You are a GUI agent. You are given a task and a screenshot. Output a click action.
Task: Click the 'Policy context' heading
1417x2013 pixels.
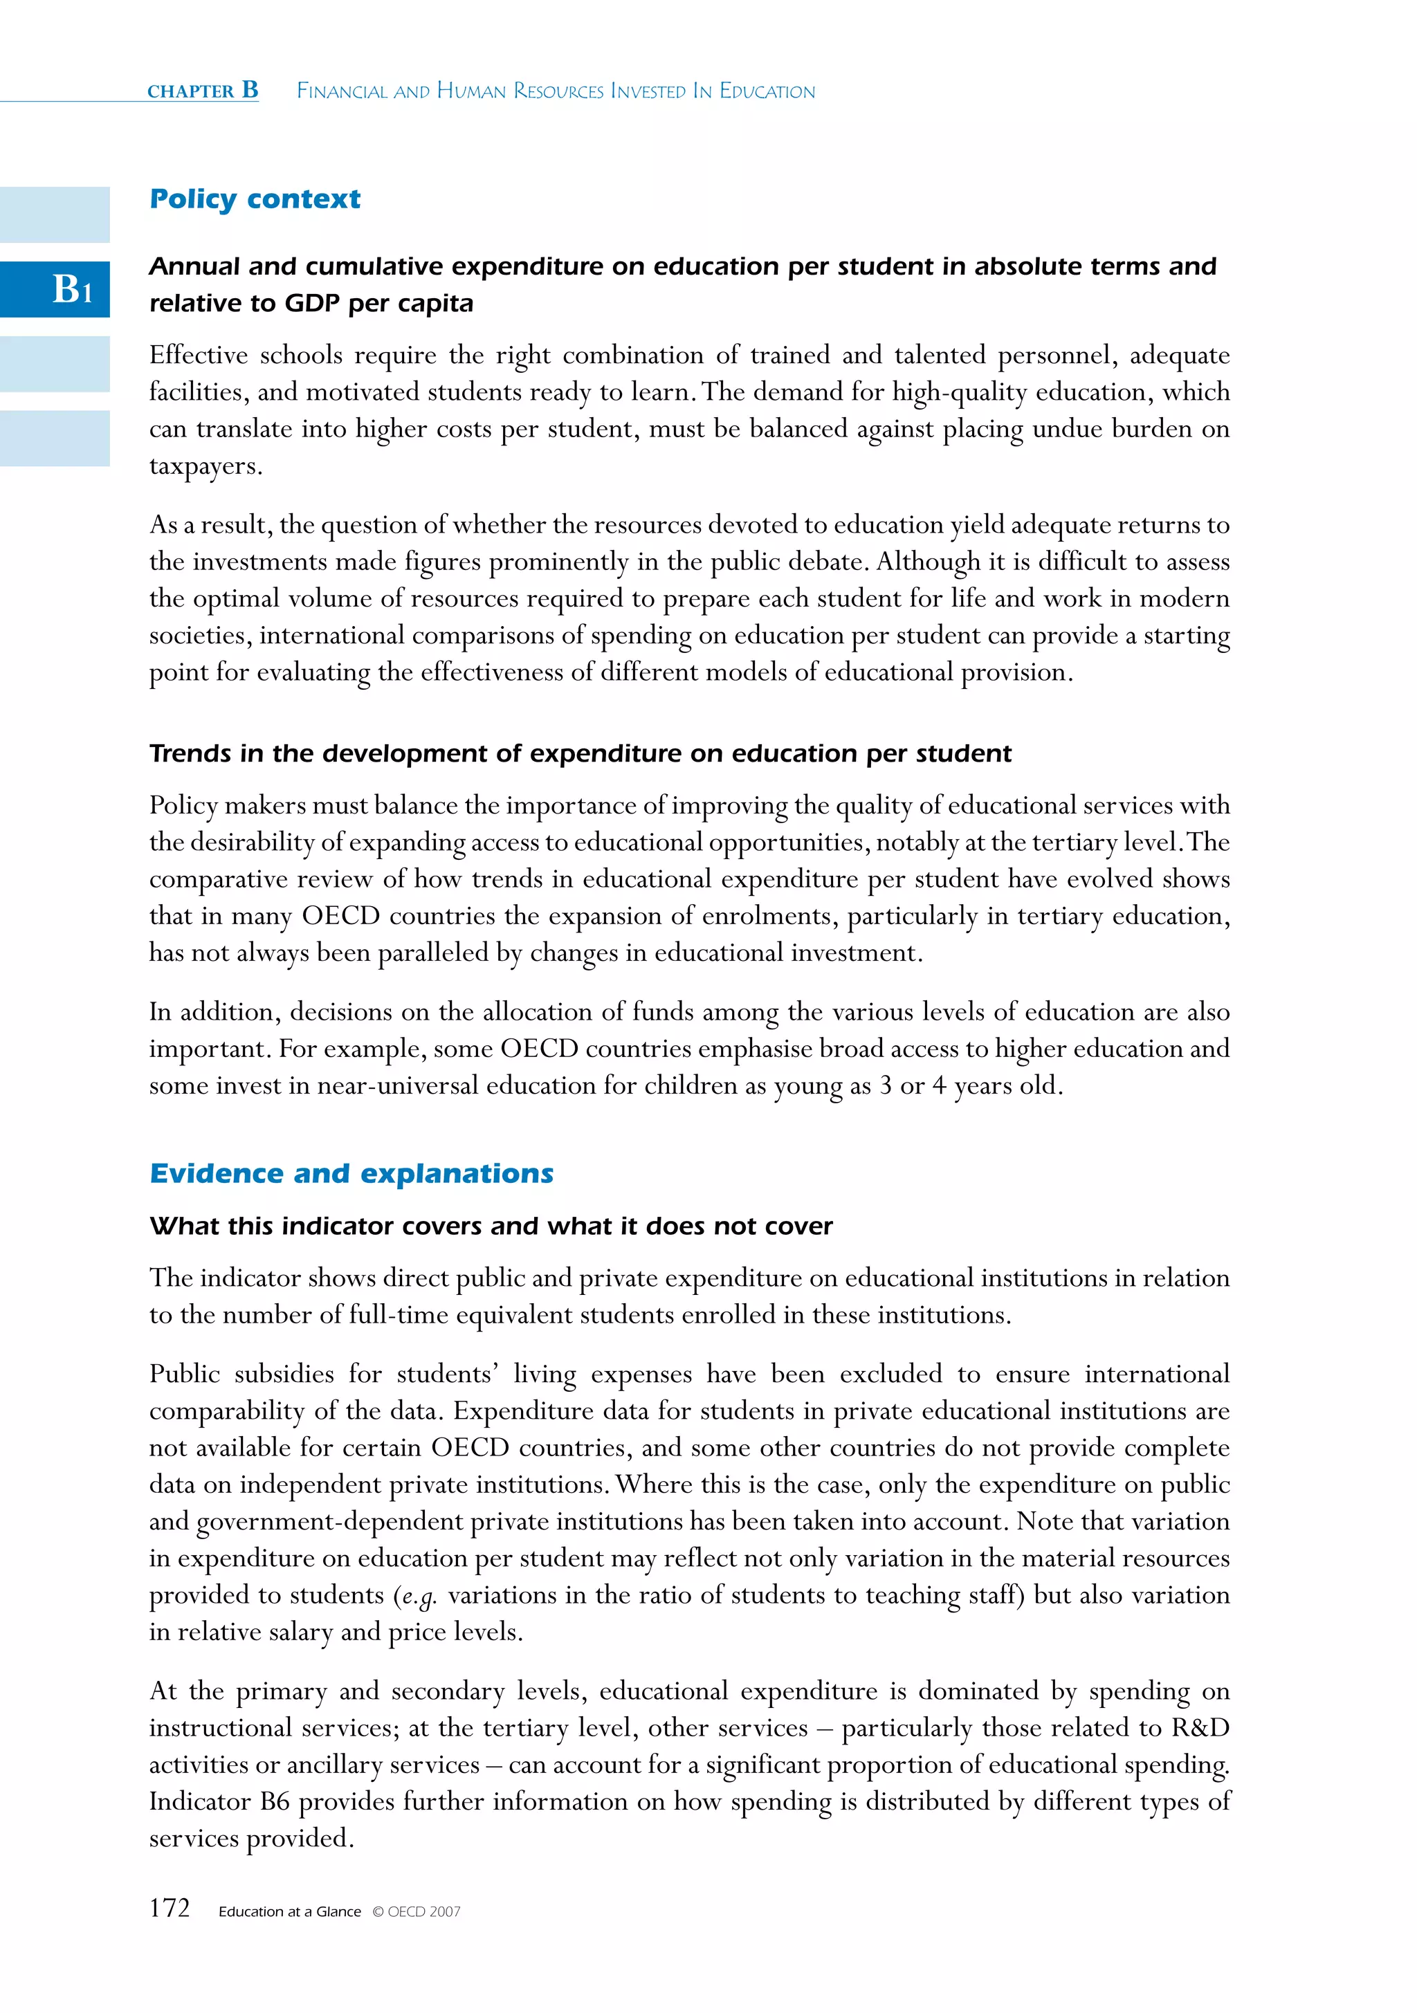point(255,199)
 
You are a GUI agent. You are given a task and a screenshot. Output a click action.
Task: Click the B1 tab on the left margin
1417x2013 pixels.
point(55,289)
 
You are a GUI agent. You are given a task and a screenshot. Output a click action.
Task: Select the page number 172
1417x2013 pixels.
point(170,1909)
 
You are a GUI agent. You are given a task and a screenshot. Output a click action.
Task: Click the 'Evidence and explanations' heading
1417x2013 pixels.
point(351,1173)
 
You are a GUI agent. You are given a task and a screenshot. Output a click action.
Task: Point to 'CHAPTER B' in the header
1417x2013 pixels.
point(203,91)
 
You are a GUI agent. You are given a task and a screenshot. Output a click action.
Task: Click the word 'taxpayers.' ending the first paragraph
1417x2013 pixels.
point(205,466)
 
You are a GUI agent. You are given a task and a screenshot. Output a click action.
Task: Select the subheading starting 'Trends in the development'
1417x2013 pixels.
point(580,753)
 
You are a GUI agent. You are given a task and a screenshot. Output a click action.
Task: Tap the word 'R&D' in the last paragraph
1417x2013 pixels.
point(1200,1728)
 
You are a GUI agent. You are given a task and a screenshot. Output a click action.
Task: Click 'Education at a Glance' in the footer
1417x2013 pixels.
point(289,1912)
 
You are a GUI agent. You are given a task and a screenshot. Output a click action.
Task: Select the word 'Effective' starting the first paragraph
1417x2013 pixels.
point(198,355)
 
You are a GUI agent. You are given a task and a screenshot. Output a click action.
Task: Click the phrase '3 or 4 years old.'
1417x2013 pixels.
point(971,1085)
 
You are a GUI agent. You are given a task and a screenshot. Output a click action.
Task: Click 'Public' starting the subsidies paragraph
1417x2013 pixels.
point(184,1374)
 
